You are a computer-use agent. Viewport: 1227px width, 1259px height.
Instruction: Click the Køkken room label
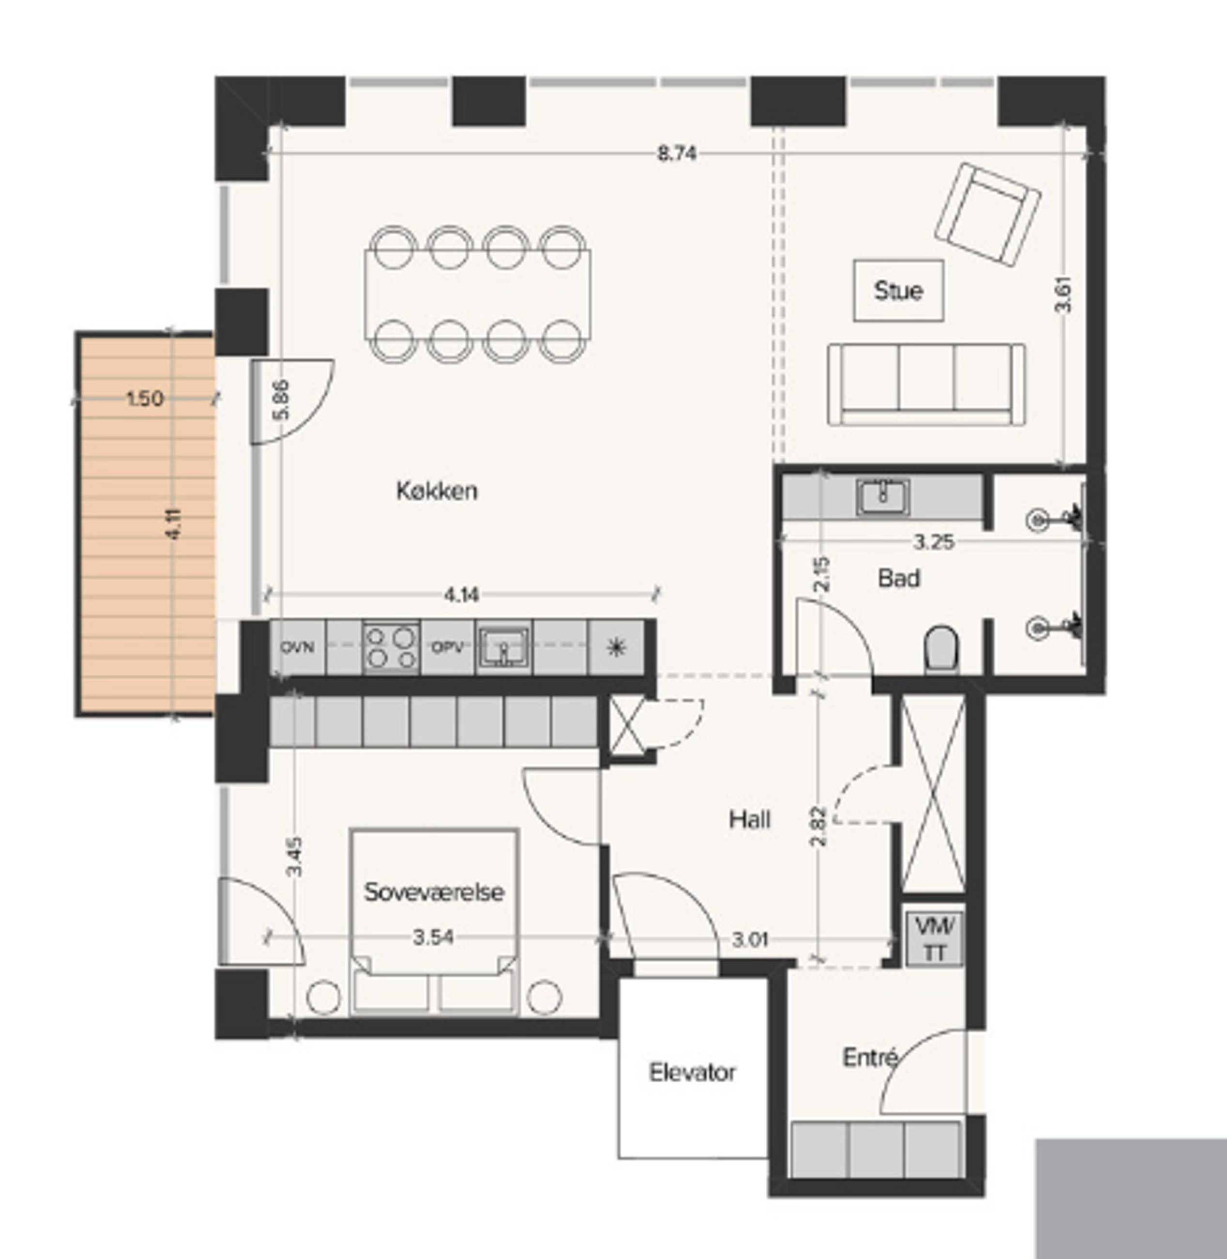tap(437, 491)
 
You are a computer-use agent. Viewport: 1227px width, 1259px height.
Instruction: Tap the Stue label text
tap(898, 291)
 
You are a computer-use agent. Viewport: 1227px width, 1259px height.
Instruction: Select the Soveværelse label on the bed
tap(434, 892)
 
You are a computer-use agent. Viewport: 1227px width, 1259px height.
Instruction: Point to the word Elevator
tap(692, 1073)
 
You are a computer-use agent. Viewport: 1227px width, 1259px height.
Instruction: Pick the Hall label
tap(749, 819)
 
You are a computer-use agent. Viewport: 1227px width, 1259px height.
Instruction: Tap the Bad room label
tap(899, 578)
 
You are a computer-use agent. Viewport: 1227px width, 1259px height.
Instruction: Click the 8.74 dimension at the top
tap(677, 154)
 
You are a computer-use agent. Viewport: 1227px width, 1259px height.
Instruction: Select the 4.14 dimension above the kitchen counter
tap(461, 594)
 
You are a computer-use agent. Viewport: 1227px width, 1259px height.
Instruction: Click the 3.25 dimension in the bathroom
tap(934, 542)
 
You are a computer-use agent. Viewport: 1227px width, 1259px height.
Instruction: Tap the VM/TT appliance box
tap(934, 938)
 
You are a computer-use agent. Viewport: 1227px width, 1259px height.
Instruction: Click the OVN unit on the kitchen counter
tap(298, 647)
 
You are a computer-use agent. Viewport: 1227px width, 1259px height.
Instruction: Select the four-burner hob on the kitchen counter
tap(391, 647)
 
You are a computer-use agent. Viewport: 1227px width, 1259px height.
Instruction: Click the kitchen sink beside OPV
tap(504, 647)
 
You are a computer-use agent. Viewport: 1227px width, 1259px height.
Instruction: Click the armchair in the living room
tap(988, 215)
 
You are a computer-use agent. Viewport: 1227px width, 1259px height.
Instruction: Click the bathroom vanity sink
tap(883, 497)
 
